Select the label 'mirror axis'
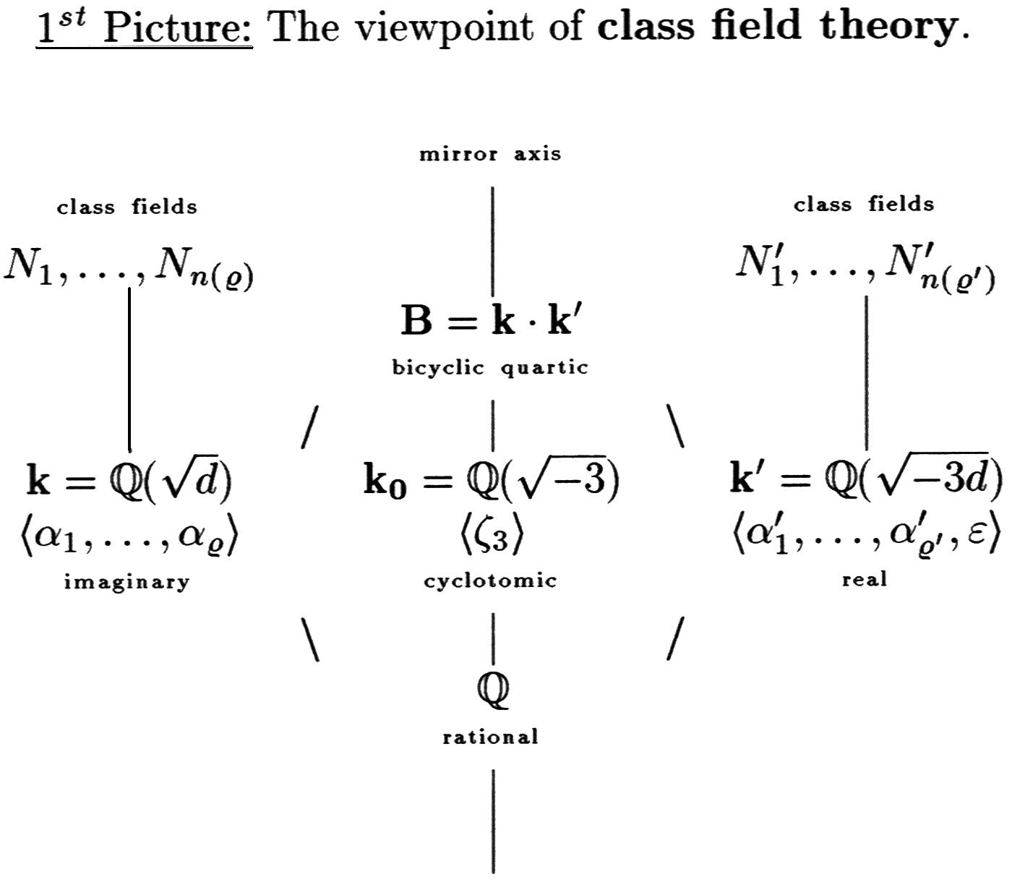point(490,154)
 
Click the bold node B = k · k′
point(491,321)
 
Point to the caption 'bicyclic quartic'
point(490,367)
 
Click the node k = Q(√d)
point(129,480)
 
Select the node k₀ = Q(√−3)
point(492,480)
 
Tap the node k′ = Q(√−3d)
point(866,479)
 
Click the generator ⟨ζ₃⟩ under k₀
point(491,536)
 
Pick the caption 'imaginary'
point(127,581)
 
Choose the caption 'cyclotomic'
point(490,581)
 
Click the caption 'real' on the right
point(865,579)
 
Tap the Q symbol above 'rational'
point(493,689)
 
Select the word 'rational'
point(490,737)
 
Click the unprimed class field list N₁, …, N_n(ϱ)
point(129,268)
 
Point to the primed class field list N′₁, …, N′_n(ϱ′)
point(865,268)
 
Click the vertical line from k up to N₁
point(129,369)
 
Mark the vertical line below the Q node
point(493,821)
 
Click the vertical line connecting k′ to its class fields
point(866,372)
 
